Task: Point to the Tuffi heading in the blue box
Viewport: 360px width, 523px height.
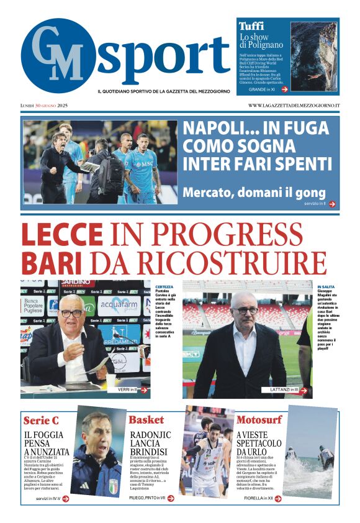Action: [x=251, y=27]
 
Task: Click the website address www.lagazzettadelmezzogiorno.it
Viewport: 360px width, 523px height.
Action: [x=294, y=106]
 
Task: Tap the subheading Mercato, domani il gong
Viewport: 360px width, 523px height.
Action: [x=254, y=192]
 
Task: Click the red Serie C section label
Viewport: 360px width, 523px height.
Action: [x=41, y=421]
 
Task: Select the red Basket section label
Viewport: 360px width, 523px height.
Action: [x=146, y=420]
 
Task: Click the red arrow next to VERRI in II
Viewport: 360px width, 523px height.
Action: [x=144, y=390]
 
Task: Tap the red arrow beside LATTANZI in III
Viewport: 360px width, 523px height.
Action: [x=305, y=389]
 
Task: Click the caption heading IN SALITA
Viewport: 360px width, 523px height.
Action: [x=326, y=286]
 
